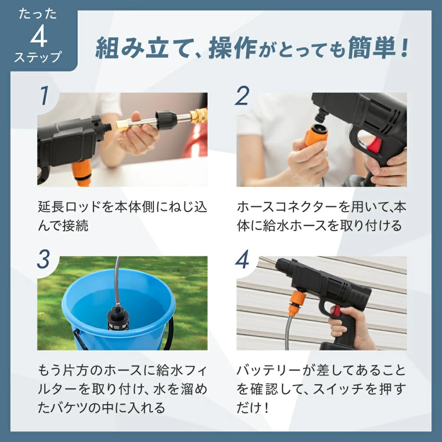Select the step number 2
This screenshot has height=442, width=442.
coord(242,96)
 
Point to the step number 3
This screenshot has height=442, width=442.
coord(43,259)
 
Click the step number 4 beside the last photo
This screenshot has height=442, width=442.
coord(242,259)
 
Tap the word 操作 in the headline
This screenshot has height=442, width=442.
coord(232,49)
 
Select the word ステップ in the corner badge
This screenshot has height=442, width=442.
coord(38,57)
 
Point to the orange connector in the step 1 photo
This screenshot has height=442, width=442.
coord(83,172)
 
